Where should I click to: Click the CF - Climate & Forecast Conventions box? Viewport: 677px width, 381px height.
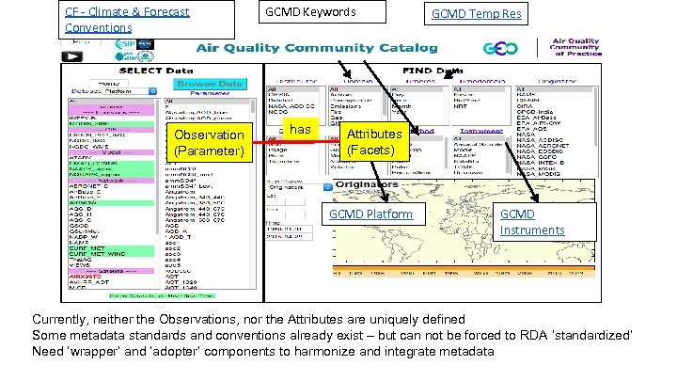click(x=128, y=19)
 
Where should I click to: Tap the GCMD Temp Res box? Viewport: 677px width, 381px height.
click(x=476, y=14)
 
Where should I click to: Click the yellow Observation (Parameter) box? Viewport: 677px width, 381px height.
click(x=208, y=143)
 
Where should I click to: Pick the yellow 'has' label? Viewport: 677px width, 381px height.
click(x=300, y=129)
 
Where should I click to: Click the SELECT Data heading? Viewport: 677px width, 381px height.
click(x=155, y=70)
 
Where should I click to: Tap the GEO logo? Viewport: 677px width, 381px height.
click(x=500, y=49)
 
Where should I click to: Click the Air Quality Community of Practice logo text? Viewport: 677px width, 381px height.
click(x=576, y=48)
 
